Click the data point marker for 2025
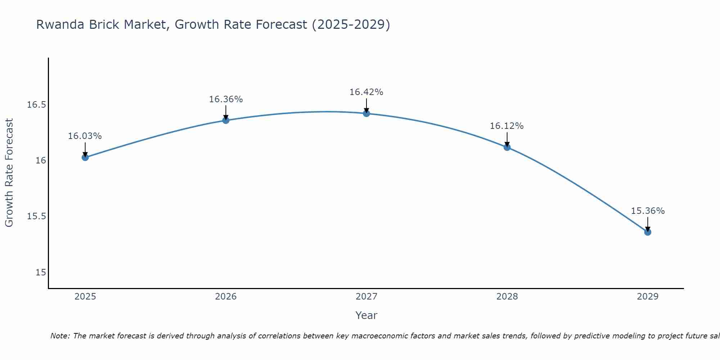[x=85, y=157]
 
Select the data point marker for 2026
[x=226, y=120]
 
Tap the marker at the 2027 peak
[x=366, y=113]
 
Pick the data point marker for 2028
[x=507, y=147]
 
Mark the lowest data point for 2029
[x=648, y=232]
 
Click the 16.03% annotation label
[x=85, y=136]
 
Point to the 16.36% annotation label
[x=226, y=99]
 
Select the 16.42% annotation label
[x=366, y=92]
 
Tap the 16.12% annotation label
[x=507, y=126]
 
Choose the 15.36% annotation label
[x=648, y=211]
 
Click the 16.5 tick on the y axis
[x=37, y=105]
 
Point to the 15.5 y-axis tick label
[x=37, y=216]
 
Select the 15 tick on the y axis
[x=41, y=273]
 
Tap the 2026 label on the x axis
[x=226, y=297]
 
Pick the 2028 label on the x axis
[x=507, y=297]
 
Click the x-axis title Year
[x=366, y=315]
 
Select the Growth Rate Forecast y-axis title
[x=9, y=173]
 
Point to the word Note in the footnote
[x=59, y=336]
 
